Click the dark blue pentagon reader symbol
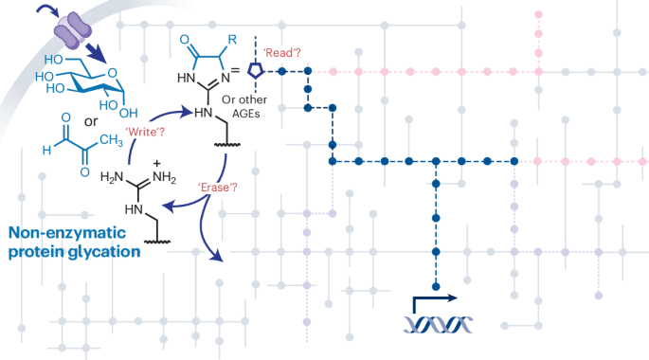coord(254,70)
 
